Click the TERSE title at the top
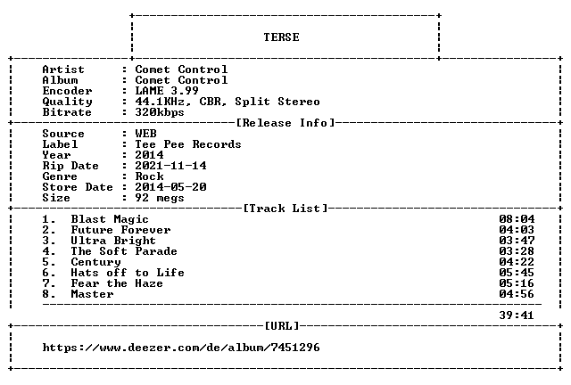pos(282,37)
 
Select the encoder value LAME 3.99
pos(167,91)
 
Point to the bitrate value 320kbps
pos(160,112)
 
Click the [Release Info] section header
pos(285,123)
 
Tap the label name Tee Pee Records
pos(188,144)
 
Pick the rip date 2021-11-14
pos(170,166)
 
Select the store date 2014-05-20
pos(170,187)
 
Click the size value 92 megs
pos(160,198)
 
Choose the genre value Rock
pos(149,176)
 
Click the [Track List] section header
pos(285,209)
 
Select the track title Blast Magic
pos(110,219)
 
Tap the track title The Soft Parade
pos(124,251)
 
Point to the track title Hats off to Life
pos(128,273)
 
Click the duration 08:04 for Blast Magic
pos(517,219)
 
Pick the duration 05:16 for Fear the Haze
pos(517,283)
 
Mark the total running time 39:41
pos(517,315)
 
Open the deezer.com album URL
pos(181,348)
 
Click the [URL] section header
pos(282,325)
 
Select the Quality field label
pos(67,102)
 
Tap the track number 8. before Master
pos(49,294)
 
